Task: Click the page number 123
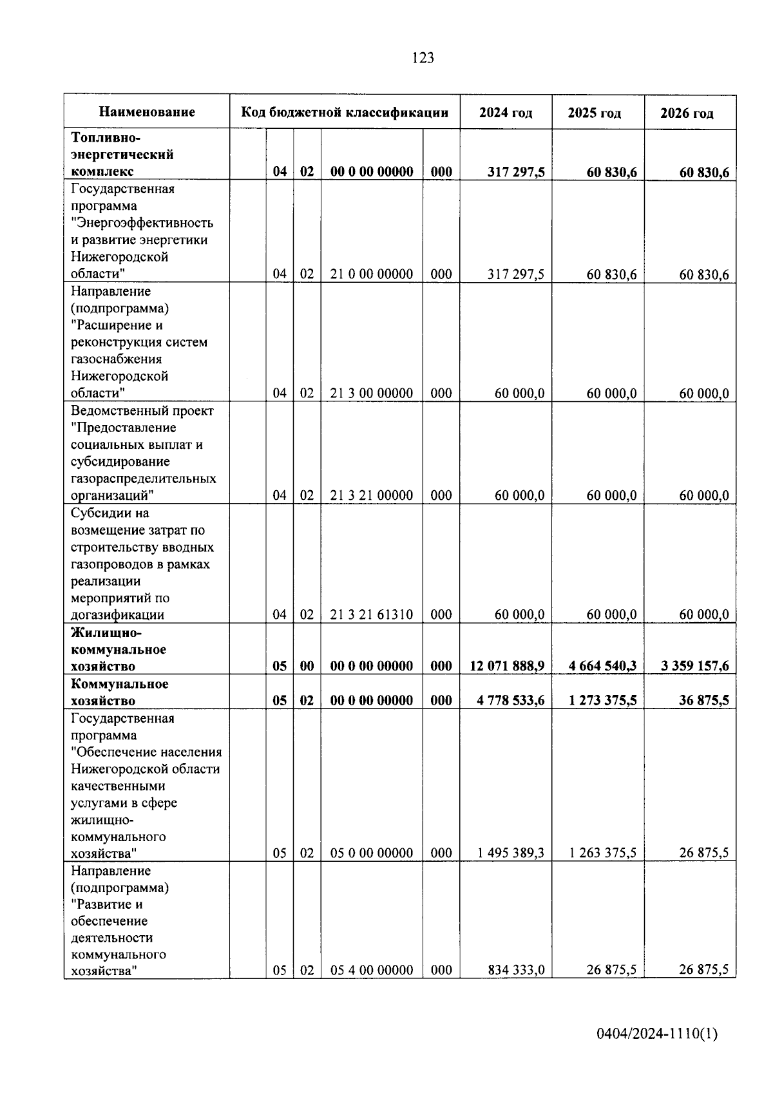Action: point(423,59)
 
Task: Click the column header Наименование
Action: point(147,112)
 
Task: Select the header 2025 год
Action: point(594,113)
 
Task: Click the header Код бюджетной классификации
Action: point(345,113)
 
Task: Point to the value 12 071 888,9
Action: point(507,666)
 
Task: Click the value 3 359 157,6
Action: point(694,666)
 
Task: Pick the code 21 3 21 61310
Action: point(372,615)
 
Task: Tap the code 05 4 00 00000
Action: point(372,970)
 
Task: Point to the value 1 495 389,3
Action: point(511,853)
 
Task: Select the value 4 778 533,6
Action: point(511,701)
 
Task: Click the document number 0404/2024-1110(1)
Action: point(656,1034)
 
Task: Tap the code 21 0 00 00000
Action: point(372,274)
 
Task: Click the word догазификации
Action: point(117,615)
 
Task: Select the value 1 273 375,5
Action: point(602,701)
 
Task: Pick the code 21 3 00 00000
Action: point(372,394)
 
